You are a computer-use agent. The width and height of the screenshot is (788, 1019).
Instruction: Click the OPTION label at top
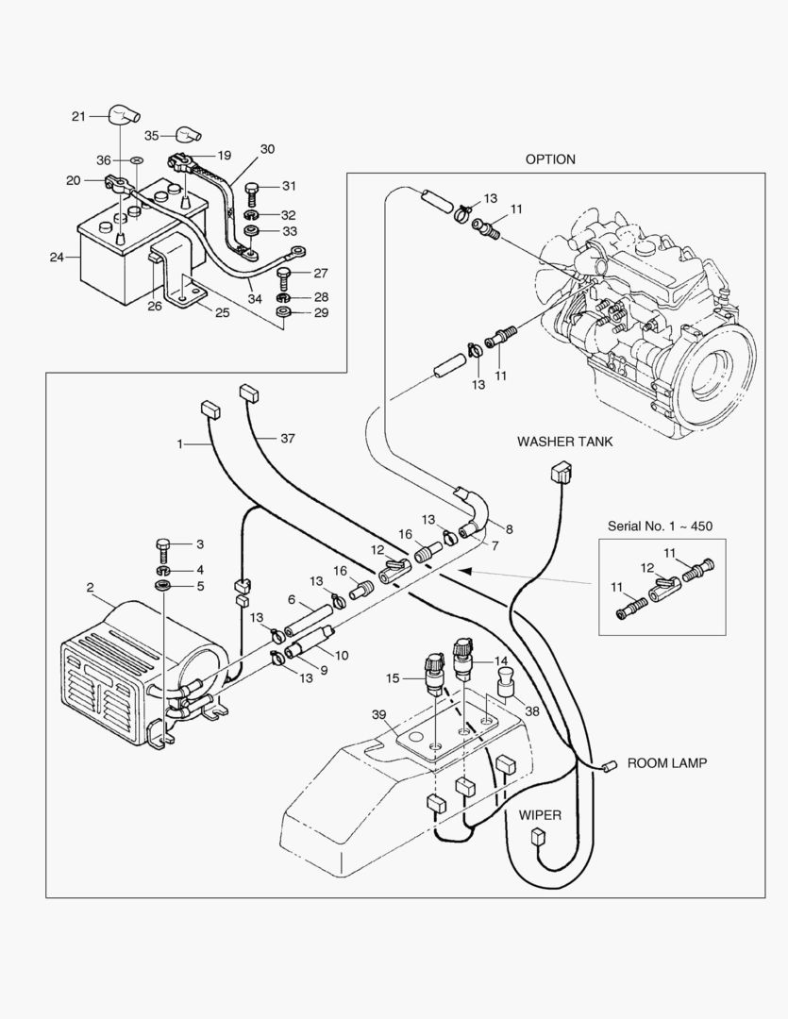point(550,159)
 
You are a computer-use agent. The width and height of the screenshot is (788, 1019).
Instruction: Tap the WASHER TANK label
point(565,442)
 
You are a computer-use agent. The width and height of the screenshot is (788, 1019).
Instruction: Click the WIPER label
point(539,814)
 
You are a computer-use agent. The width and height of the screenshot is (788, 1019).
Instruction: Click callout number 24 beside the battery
point(57,256)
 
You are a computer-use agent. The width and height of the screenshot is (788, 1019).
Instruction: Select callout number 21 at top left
point(78,116)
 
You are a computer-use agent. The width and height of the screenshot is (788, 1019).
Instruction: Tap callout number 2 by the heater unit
point(90,588)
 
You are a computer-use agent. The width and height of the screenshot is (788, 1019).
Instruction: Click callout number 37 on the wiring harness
point(288,438)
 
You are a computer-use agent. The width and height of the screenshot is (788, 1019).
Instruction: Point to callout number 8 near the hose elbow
point(510,528)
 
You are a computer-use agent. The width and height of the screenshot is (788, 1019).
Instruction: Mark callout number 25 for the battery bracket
point(221,312)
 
